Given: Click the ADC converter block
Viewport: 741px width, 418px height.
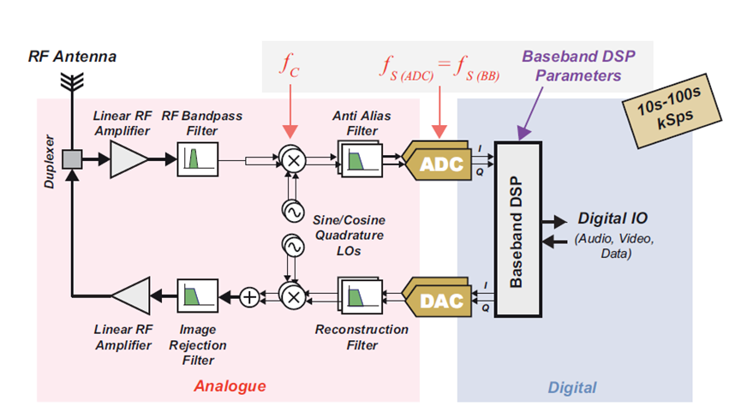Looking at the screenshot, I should coord(439,163).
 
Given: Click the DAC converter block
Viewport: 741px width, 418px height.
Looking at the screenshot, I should coord(439,299).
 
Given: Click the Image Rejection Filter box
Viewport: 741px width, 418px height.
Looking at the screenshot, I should coord(199,296).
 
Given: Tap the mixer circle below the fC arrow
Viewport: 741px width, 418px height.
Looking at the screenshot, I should coord(292,160).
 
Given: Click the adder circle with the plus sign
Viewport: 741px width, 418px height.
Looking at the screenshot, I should coord(248,297).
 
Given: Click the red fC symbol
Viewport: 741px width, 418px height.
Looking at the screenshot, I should coord(291,64).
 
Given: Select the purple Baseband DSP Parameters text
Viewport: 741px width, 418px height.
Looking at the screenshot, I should coord(571,66).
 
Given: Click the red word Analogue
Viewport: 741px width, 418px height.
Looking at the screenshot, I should coord(230,385).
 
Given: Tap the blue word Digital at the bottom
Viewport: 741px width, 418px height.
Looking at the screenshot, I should coord(572,387).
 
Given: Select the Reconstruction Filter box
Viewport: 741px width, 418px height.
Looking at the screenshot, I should coord(359,296).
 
